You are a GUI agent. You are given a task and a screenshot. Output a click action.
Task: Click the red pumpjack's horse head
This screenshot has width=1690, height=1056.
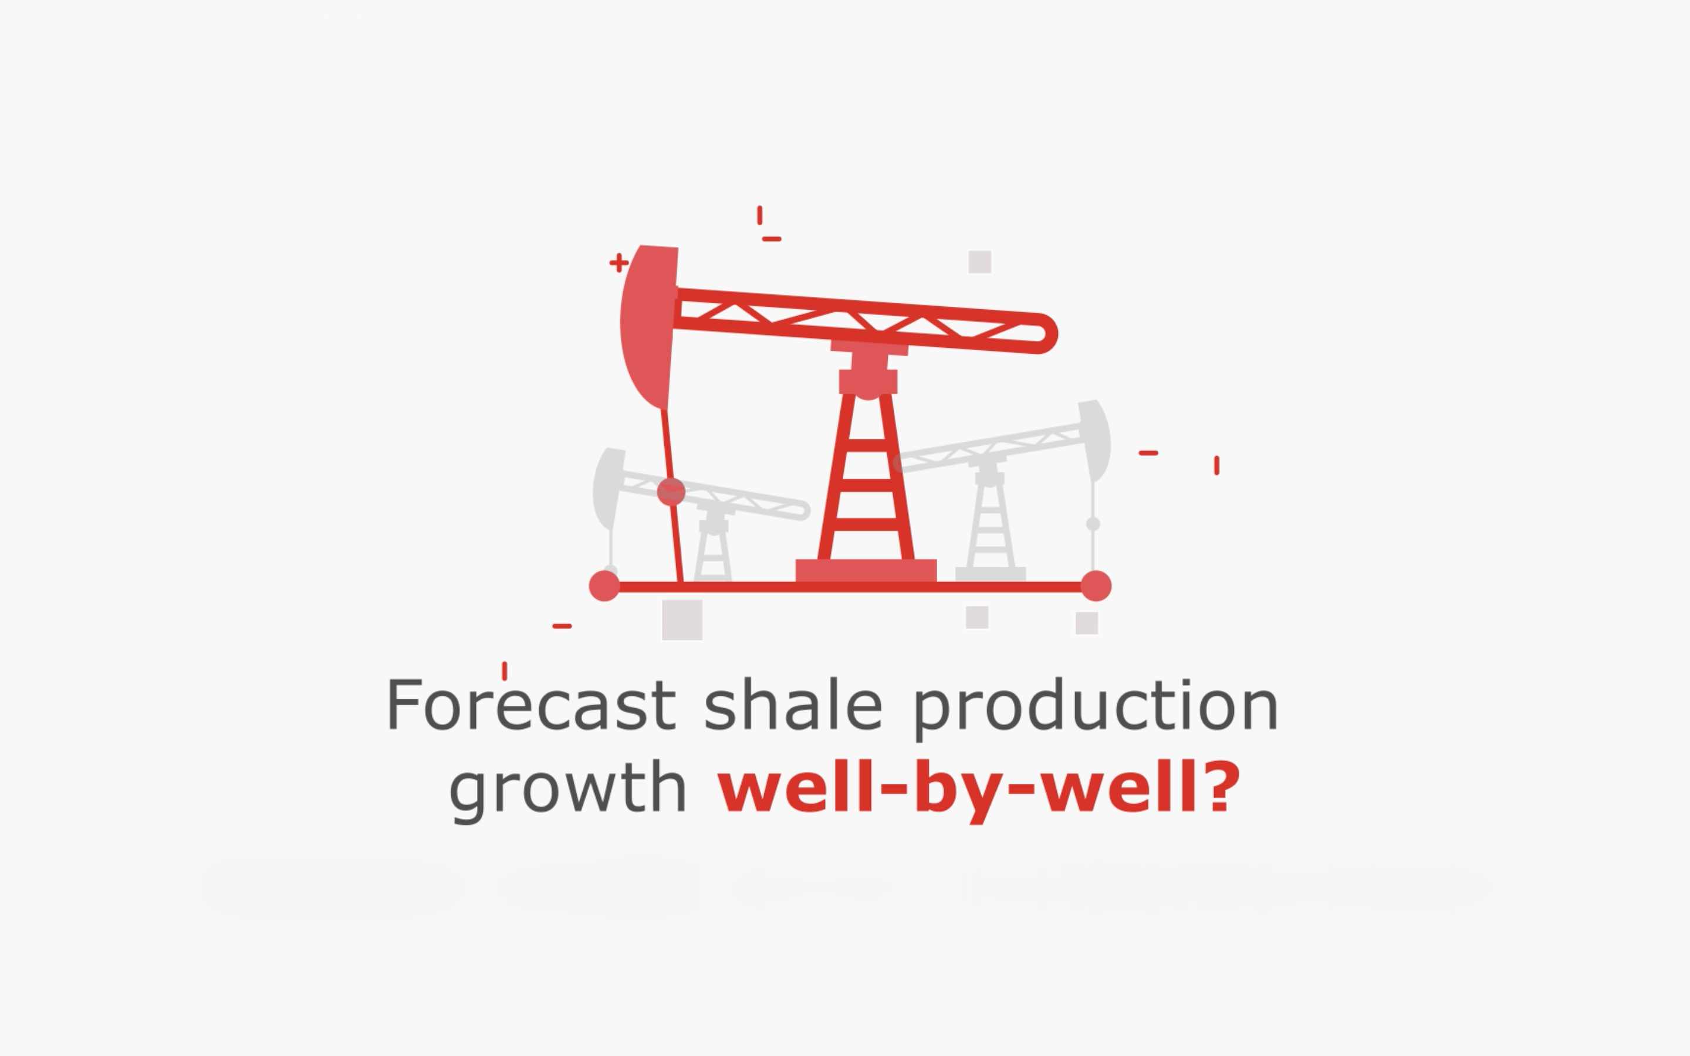pyautogui.click(x=649, y=327)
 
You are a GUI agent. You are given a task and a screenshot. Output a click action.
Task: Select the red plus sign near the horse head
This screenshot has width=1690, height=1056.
pyautogui.click(x=618, y=263)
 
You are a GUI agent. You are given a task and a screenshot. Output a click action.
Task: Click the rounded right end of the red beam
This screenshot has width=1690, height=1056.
pyautogui.click(x=1044, y=334)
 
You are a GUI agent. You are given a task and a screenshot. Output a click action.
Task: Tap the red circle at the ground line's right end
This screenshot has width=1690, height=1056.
pyautogui.click(x=1096, y=585)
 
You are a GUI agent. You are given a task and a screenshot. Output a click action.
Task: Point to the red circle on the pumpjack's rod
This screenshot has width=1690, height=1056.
pyautogui.click(x=671, y=492)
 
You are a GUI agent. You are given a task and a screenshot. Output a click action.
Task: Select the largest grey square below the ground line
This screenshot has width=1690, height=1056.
pyautogui.click(x=682, y=620)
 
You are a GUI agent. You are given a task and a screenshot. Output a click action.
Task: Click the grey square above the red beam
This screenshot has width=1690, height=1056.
pyautogui.click(x=980, y=262)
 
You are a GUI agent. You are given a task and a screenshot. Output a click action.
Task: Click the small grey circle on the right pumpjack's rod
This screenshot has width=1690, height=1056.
pyautogui.click(x=1094, y=524)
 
